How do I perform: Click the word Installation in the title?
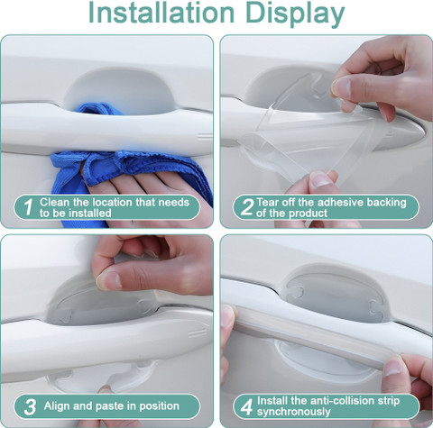(161, 13)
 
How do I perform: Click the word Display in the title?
(295, 15)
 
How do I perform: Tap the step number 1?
(28, 206)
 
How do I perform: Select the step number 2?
(247, 206)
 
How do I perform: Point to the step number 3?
(30, 407)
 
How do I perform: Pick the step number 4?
(247, 407)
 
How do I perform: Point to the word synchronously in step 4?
(293, 412)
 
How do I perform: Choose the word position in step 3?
(159, 406)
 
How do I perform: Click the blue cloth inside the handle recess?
(99, 109)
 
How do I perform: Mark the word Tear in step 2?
(267, 202)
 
